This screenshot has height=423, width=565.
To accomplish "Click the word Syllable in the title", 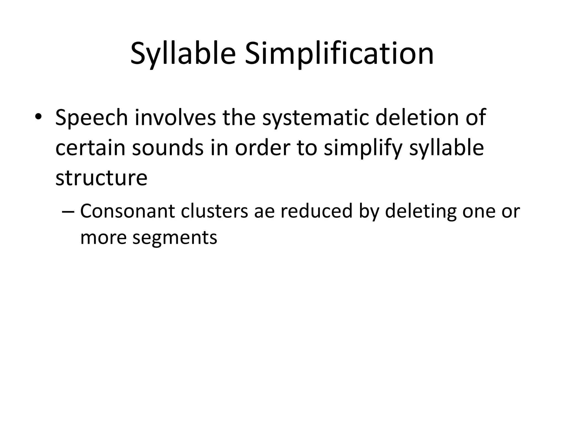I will [x=183, y=54].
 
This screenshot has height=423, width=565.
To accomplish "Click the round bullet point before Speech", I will [x=38, y=117].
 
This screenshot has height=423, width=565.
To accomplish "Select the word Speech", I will [x=92, y=118].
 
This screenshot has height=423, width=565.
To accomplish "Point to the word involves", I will [x=175, y=118].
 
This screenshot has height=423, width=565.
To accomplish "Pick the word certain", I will [x=90, y=148].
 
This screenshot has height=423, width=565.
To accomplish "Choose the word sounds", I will [x=168, y=148].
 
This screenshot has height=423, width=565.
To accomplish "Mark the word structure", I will [x=101, y=178].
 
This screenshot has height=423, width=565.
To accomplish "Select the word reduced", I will [x=316, y=211].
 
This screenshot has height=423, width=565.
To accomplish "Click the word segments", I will [x=175, y=237].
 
